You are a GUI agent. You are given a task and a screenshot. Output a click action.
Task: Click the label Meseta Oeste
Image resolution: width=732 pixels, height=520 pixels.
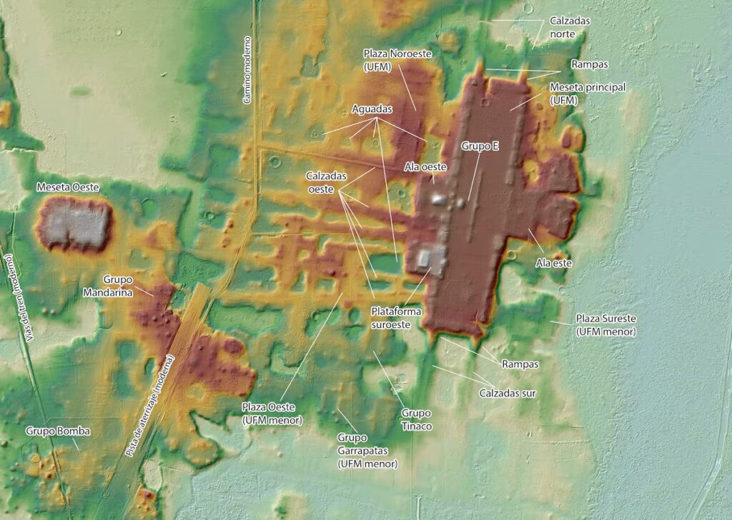click(x=68, y=187)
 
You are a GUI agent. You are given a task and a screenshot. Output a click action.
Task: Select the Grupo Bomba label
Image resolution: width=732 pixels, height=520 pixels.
click(x=58, y=431)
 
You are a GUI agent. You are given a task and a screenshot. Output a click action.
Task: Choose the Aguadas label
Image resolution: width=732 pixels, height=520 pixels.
click(x=372, y=109)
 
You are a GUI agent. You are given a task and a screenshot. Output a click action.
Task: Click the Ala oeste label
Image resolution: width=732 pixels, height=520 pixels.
click(x=425, y=166)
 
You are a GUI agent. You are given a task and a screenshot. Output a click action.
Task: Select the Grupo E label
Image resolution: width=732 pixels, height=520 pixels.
click(x=480, y=146)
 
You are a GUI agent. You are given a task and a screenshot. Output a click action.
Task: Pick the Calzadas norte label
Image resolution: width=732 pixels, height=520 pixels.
click(x=570, y=27)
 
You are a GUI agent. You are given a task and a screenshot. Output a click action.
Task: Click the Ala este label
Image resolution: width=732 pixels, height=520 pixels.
click(x=554, y=263)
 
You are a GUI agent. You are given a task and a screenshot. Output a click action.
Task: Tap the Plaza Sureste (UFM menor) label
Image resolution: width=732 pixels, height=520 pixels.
click(x=605, y=324)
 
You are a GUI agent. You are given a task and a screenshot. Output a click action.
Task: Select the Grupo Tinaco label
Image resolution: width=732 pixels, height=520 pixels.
click(x=416, y=419)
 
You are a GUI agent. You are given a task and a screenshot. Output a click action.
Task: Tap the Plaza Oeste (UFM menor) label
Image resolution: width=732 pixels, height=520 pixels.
click(x=272, y=414)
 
